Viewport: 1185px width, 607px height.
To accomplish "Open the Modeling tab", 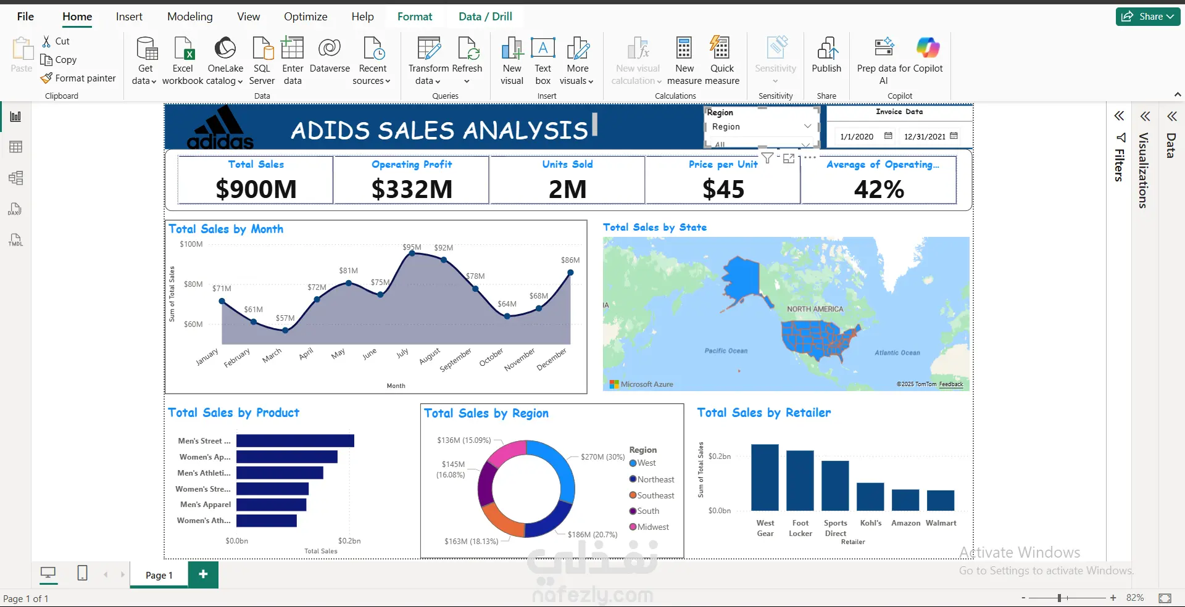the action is pyautogui.click(x=190, y=17).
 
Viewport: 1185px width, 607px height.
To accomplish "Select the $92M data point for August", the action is pyautogui.click(x=444, y=260).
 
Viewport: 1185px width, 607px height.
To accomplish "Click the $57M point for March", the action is pyautogui.click(x=285, y=331).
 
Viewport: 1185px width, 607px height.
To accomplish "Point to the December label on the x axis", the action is pyautogui.click(x=551, y=360).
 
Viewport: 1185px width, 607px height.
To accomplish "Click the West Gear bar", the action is pyautogui.click(x=765, y=477).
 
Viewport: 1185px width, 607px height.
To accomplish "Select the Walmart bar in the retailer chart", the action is pyautogui.click(x=941, y=500).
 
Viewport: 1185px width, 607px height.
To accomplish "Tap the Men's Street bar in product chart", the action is pyautogui.click(x=295, y=440).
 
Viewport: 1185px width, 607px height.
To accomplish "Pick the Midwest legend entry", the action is pyautogui.click(x=649, y=527).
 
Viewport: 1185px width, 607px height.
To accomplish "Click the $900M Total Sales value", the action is pyautogui.click(x=256, y=189).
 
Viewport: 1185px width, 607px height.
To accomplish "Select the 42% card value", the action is pyautogui.click(x=879, y=189).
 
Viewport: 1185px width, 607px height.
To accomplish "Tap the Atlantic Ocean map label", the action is pyautogui.click(x=897, y=353).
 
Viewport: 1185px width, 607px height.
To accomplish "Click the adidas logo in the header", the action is pyautogui.click(x=220, y=128).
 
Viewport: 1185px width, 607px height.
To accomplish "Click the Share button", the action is pyautogui.click(x=1148, y=17).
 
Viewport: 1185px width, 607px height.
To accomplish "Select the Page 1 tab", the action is pyautogui.click(x=159, y=575).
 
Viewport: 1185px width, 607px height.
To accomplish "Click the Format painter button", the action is pyautogui.click(x=78, y=78).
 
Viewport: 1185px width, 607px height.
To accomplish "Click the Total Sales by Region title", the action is pyautogui.click(x=486, y=413).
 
